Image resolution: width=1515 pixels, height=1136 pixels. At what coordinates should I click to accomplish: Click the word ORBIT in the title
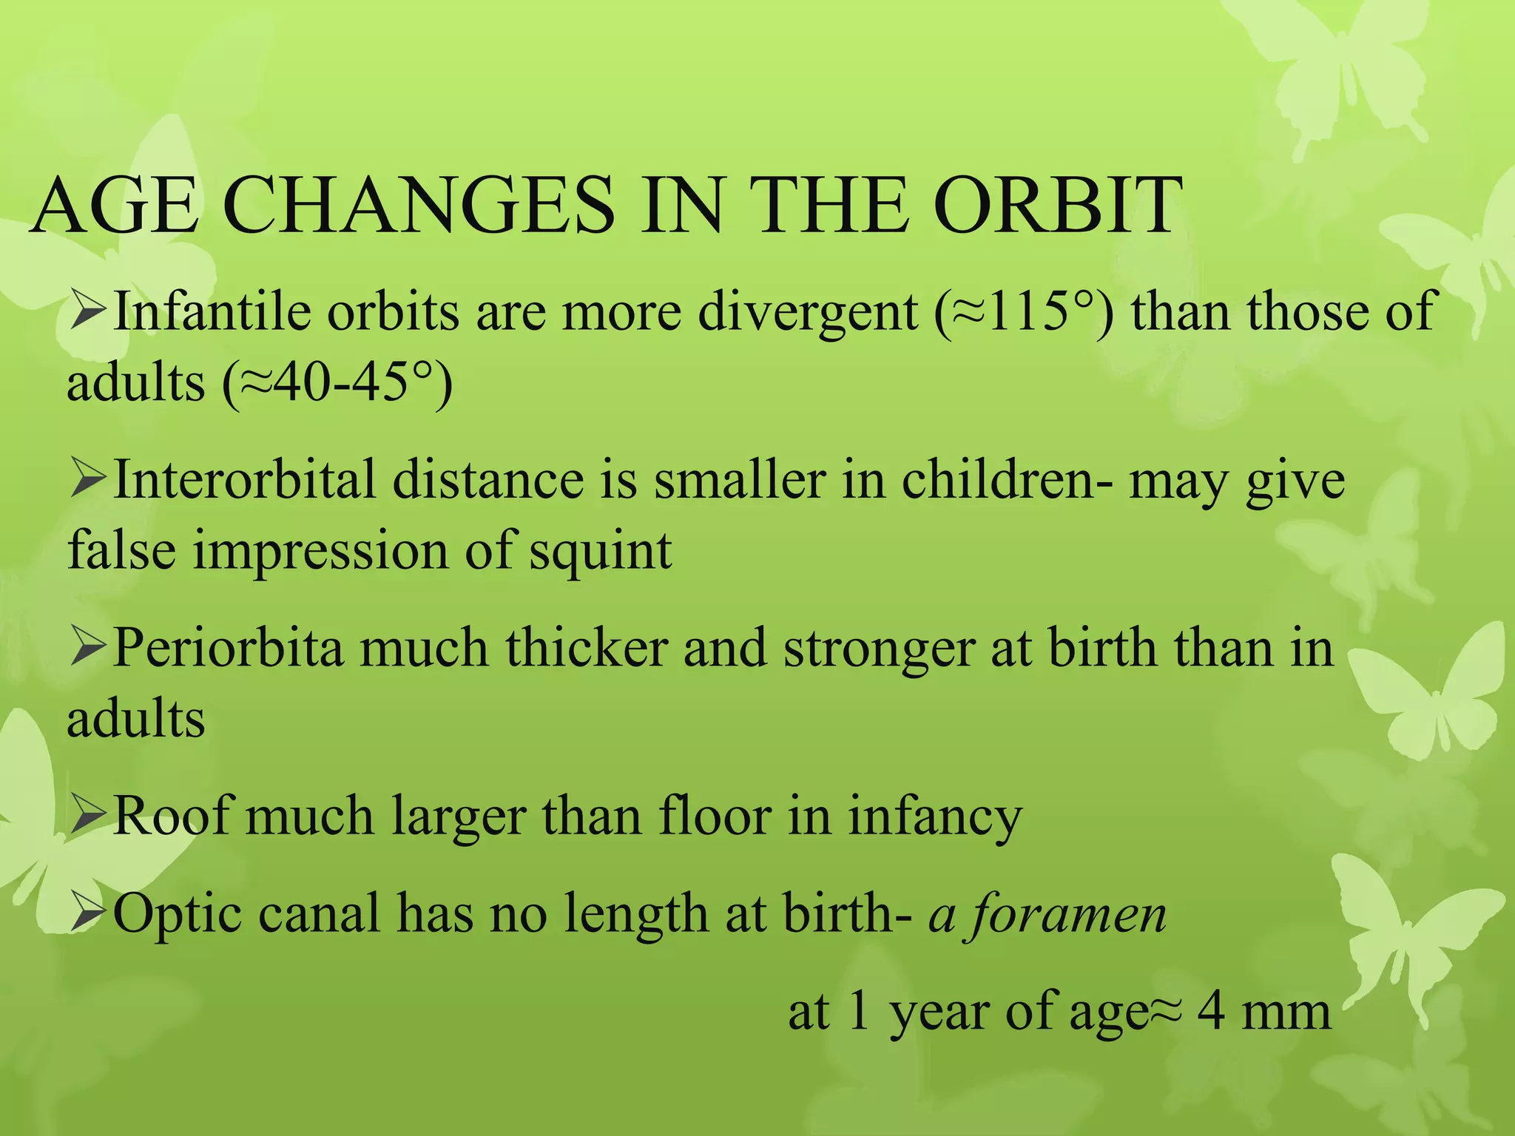(1058, 206)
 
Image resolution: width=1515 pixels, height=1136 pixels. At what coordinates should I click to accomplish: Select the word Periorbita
(228, 647)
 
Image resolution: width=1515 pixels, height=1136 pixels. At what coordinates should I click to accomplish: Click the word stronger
(878, 647)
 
